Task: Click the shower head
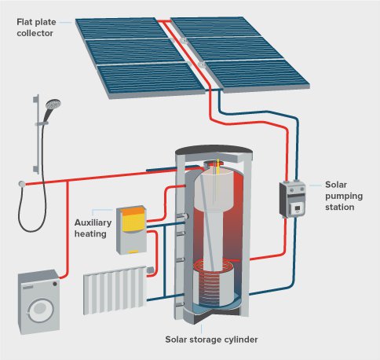(x=53, y=104)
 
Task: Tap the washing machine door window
(x=40, y=310)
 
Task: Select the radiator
(x=115, y=290)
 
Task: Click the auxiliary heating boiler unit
(x=131, y=230)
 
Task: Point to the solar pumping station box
(x=292, y=200)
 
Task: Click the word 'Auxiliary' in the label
(x=93, y=222)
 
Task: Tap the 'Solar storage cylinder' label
(x=211, y=340)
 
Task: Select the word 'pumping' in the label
(x=344, y=197)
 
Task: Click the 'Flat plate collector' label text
(x=36, y=28)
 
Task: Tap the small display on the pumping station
(x=298, y=208)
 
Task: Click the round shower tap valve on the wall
(x=22, y=184)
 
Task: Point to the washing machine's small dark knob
(x=55, y=284)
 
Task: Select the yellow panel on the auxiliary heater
(x=133, y=220)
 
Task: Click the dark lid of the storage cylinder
(x=214, y=150)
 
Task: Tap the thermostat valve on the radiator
(x=150, y=270)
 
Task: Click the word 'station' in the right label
(x=340, y=207)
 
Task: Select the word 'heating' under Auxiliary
(x=90, y=233)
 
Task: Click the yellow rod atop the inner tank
(x=218, y=167)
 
